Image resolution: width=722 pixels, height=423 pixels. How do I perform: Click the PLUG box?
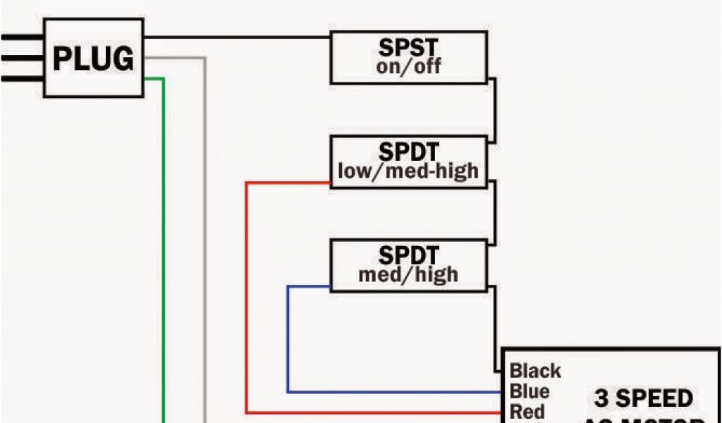point(93,58)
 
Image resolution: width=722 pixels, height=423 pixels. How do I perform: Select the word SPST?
point(408,48)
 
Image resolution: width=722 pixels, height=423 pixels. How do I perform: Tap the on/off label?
point(409,68)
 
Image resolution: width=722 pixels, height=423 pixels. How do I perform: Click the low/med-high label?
point(408,171)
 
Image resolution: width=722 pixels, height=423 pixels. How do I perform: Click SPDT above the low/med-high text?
point(408,152)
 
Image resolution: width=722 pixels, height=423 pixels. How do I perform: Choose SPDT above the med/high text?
point(408,255)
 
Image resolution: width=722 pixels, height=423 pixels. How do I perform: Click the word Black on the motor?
point(536,371)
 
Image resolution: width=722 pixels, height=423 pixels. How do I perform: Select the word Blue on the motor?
point(530,391)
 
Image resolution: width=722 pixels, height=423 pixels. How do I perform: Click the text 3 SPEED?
point(643,399)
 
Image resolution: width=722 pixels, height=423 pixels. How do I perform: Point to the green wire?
point(164,247)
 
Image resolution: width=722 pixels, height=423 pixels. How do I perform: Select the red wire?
point(247,296)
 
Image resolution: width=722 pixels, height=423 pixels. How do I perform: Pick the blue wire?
point(288,338)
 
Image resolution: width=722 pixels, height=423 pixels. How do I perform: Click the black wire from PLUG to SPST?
point(236,37)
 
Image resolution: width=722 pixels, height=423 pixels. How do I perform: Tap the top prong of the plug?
point(21,37)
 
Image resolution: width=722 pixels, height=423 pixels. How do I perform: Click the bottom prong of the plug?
point(21,78)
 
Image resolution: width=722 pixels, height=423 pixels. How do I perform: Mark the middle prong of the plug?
point(21,58)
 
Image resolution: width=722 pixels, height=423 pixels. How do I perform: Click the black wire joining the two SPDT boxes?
point(496,211)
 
